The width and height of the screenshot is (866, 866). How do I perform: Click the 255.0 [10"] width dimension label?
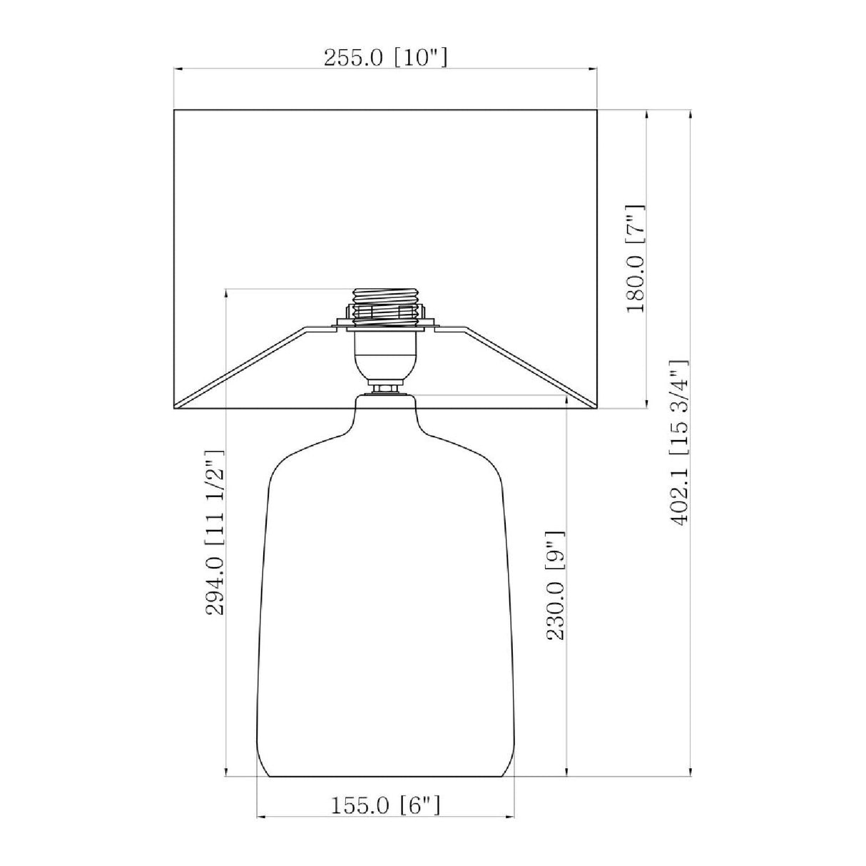[x=386, y=58]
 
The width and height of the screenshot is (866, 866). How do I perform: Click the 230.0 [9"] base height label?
[x=556, y=586]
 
